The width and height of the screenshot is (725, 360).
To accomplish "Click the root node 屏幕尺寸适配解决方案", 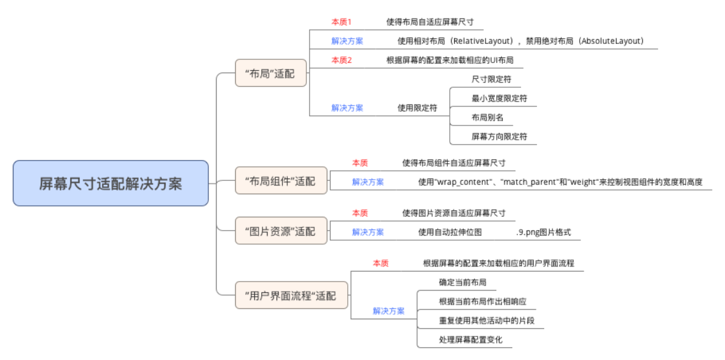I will point(110,184).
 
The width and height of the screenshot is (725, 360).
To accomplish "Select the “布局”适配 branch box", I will point(271,73).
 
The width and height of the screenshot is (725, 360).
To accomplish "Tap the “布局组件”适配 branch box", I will point(280,181).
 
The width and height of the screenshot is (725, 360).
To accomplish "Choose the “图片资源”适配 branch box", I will point(280,231).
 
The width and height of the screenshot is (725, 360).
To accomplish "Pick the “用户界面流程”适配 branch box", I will point(291,296).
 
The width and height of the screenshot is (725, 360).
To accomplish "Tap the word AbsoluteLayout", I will point(610,41).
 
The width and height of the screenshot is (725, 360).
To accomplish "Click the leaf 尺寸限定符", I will point(491,80).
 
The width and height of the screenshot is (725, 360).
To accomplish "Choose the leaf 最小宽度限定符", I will point(499,99).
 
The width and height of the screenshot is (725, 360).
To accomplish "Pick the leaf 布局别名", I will point(487,117).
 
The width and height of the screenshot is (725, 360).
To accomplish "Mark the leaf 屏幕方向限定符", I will point(499,136).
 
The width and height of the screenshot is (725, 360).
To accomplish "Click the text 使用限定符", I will point(417,108).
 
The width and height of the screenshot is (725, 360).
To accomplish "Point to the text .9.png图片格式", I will point(543,233).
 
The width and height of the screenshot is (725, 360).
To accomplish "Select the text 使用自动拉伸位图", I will point(449,233).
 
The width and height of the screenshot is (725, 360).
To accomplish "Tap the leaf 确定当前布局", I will point(463,282).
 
